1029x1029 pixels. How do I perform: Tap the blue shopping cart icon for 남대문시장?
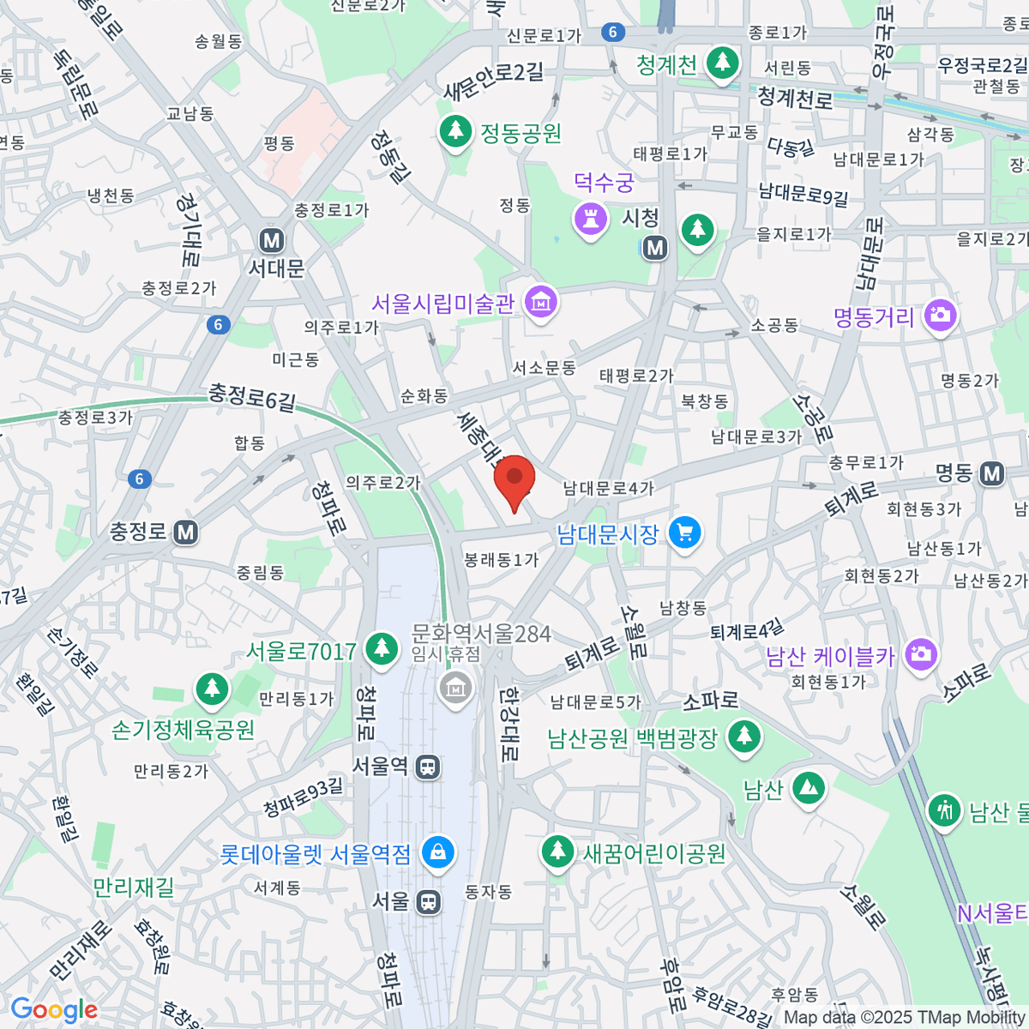coord(684,533)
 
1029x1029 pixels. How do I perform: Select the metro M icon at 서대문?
coord(273,240)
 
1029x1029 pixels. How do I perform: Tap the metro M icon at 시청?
coord(655,248)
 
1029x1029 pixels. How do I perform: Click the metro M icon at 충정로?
coord(186,533)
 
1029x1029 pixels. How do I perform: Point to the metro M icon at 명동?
coord(992,473)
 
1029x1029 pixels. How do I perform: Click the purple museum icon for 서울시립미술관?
coord(542,302)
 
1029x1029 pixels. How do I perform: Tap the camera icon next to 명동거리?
coord(941,315)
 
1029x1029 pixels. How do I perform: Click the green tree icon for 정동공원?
coord(455,130)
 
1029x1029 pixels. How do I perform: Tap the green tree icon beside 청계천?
coord(722,62)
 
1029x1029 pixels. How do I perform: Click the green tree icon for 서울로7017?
coord(382,647)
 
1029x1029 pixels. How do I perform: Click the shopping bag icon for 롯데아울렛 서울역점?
coord(438,852)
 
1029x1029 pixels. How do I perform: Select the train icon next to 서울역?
coord(427,767)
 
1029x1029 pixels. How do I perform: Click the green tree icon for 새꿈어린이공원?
coord(558,851)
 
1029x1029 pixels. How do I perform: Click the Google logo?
coord(54,1010)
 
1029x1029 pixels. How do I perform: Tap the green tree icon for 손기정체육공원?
coord(211,688)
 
